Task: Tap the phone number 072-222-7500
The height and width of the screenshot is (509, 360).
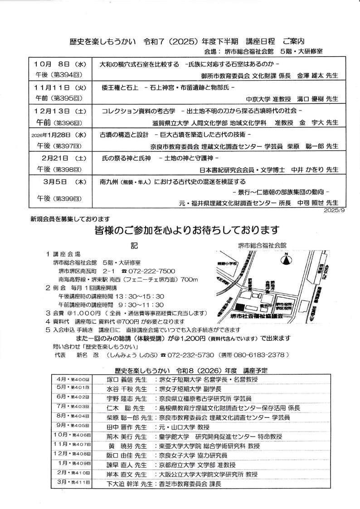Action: (151, 271)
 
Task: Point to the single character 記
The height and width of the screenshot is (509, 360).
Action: (133, 245)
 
